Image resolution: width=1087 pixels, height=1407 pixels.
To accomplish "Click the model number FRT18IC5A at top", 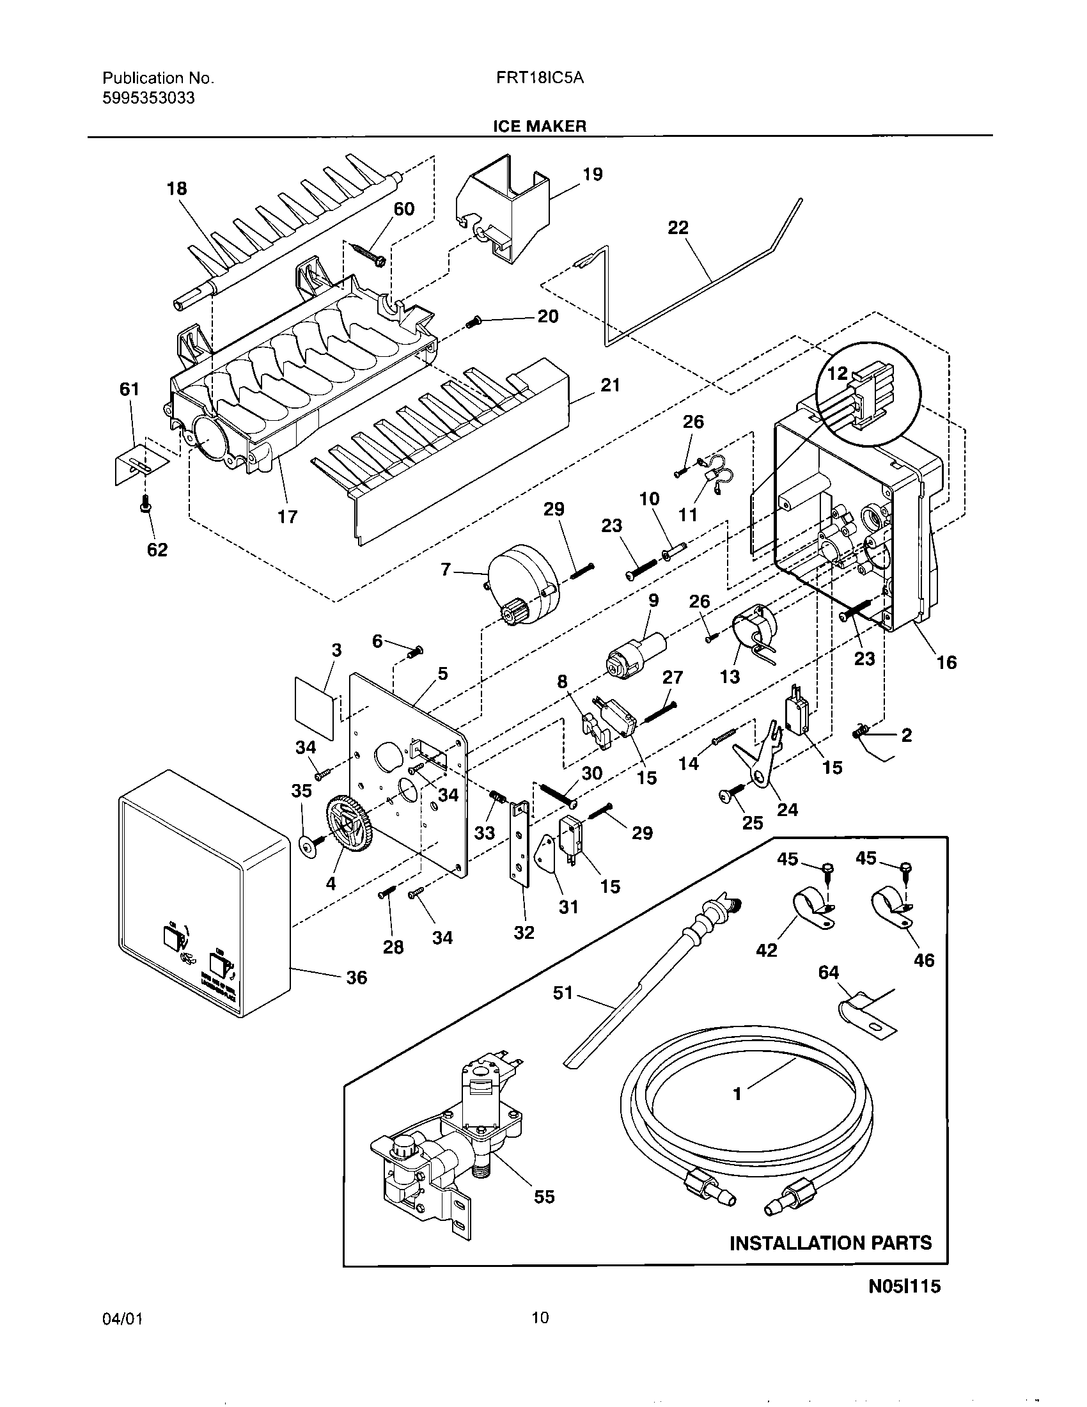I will pos(539,79).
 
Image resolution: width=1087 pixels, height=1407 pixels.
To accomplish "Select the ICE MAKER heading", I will pos(540,126).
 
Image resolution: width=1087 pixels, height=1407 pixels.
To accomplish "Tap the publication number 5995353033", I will pos(149,98).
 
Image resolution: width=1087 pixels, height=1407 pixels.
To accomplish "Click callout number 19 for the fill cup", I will pos(592,175).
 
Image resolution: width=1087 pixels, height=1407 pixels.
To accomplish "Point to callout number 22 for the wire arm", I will pos(677,228).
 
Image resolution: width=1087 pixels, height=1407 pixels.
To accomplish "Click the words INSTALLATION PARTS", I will pos(830,1243).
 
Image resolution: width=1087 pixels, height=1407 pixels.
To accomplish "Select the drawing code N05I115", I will pos(904,1305).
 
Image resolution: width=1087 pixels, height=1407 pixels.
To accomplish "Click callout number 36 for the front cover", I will pos(356,977).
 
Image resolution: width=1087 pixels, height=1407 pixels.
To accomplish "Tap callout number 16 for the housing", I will pos(946,662).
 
